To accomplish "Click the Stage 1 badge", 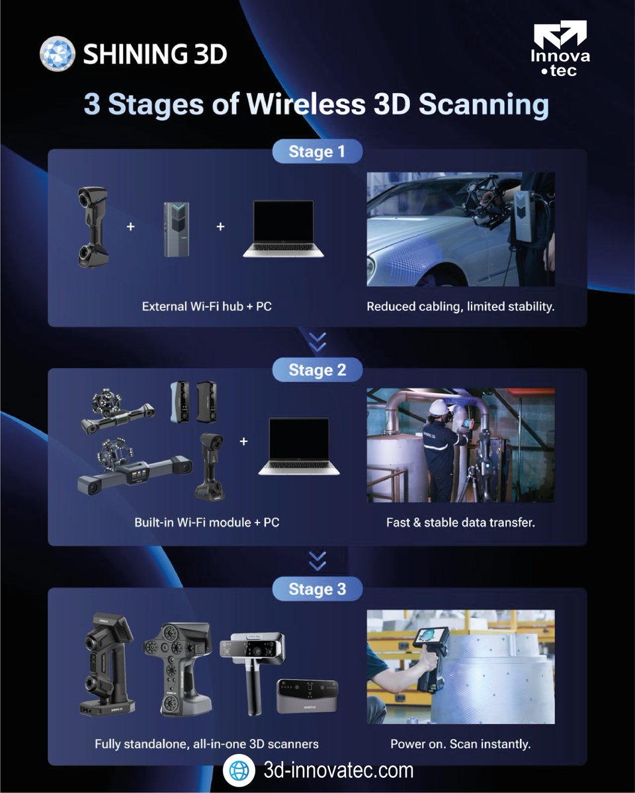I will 317,151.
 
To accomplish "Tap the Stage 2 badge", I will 317,370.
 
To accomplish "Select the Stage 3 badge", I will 317,589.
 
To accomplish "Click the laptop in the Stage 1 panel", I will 283,229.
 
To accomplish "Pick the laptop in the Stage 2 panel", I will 298,446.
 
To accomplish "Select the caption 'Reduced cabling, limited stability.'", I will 460,307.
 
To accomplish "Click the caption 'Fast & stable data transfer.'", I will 460,522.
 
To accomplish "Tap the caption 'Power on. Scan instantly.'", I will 460,743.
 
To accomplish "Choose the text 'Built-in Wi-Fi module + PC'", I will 206,522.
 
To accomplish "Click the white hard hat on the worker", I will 438,408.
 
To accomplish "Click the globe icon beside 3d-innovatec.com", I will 239,771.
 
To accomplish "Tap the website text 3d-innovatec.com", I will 338,771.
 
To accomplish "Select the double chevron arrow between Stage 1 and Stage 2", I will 317,342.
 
